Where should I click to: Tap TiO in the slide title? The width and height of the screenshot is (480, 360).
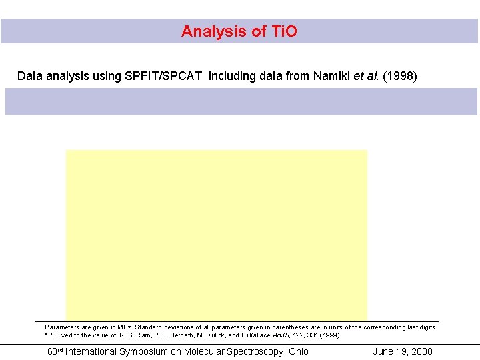[x=284, y=31]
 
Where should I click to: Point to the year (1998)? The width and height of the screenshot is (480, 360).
[x=399, y=76]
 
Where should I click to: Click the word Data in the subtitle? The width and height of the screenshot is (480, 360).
[x=29, y=76]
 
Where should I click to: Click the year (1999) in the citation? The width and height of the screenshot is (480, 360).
[x=329, y=335]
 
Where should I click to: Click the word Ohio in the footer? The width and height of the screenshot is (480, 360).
[x=298, y=351]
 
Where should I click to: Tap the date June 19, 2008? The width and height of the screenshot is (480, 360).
[x=403, y=351]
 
